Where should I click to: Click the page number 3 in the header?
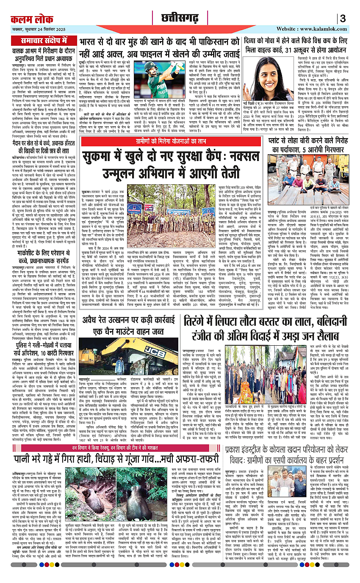coord(343,18)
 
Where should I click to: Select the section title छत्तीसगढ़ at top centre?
coord(180,18)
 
